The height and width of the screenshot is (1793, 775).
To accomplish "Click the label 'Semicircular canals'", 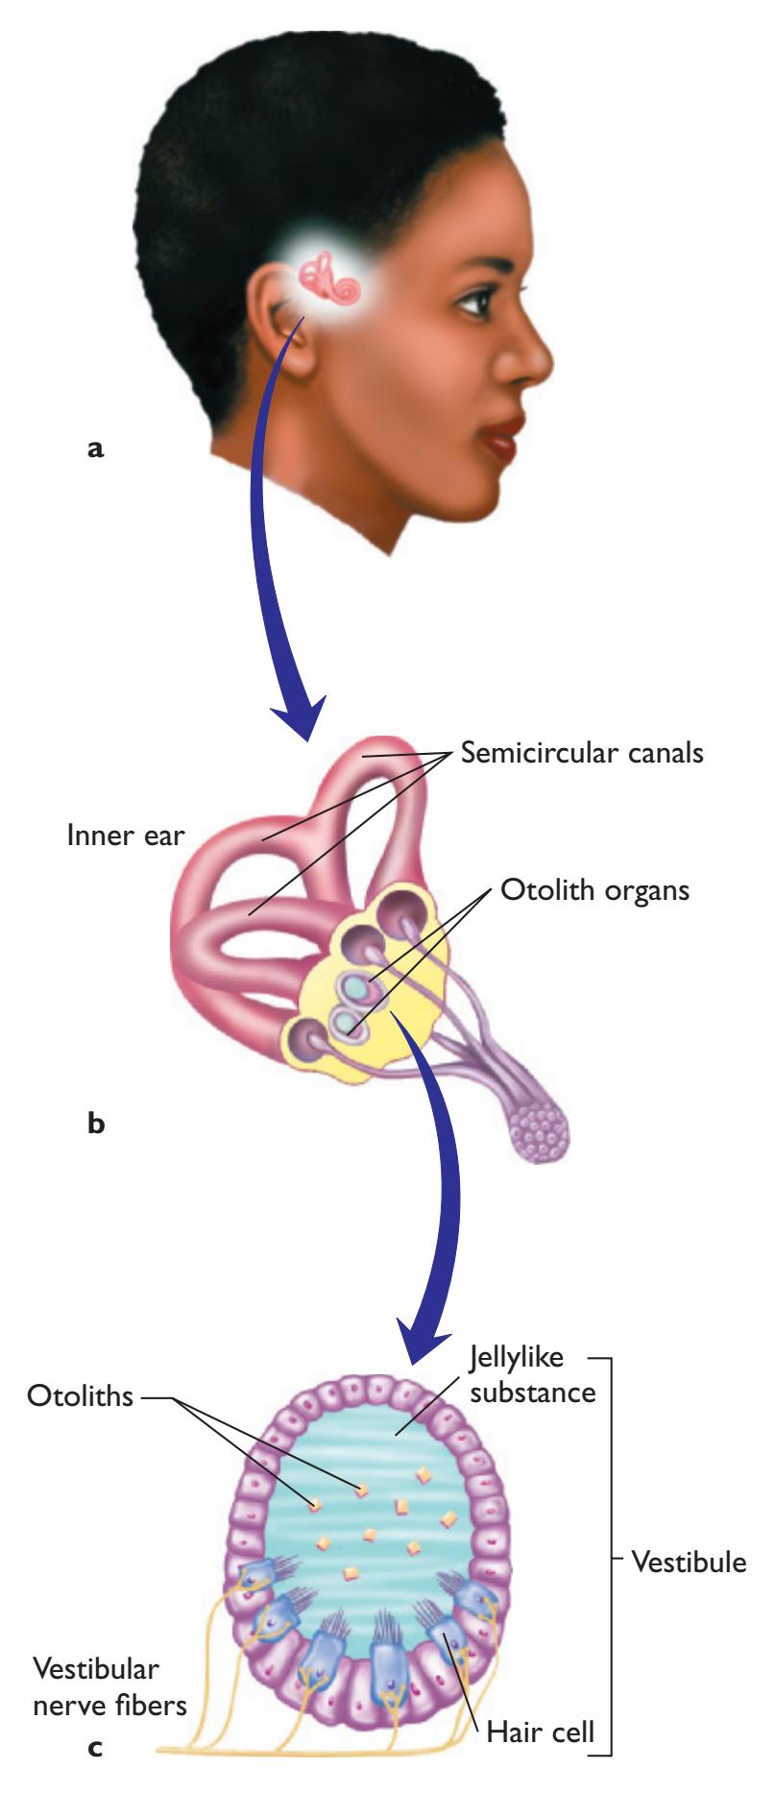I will [x=582, y=752].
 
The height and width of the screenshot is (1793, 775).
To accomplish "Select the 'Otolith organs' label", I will [x=594, y=889].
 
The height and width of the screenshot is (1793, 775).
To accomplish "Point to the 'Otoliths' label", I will [x=78, y=1394].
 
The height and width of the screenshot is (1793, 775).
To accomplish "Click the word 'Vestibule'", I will [x=689, y=1562].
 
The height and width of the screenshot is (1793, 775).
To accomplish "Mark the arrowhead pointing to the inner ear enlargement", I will [x=298, y=723].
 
